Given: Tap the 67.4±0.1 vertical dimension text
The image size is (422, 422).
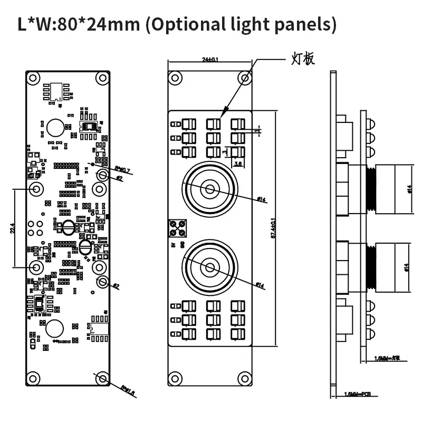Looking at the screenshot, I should pos(273,230).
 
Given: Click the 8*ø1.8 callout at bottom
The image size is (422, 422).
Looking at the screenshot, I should pos(126,390).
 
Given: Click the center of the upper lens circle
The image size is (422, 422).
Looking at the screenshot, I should pos(210,189).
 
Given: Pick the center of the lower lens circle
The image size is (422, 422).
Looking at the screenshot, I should pos(210,267).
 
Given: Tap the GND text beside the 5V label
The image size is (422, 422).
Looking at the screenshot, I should pos(182,245).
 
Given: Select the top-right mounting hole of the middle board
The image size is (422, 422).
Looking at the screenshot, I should pos(244,78).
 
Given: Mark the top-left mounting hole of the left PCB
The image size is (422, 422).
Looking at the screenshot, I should pos(33,78).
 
